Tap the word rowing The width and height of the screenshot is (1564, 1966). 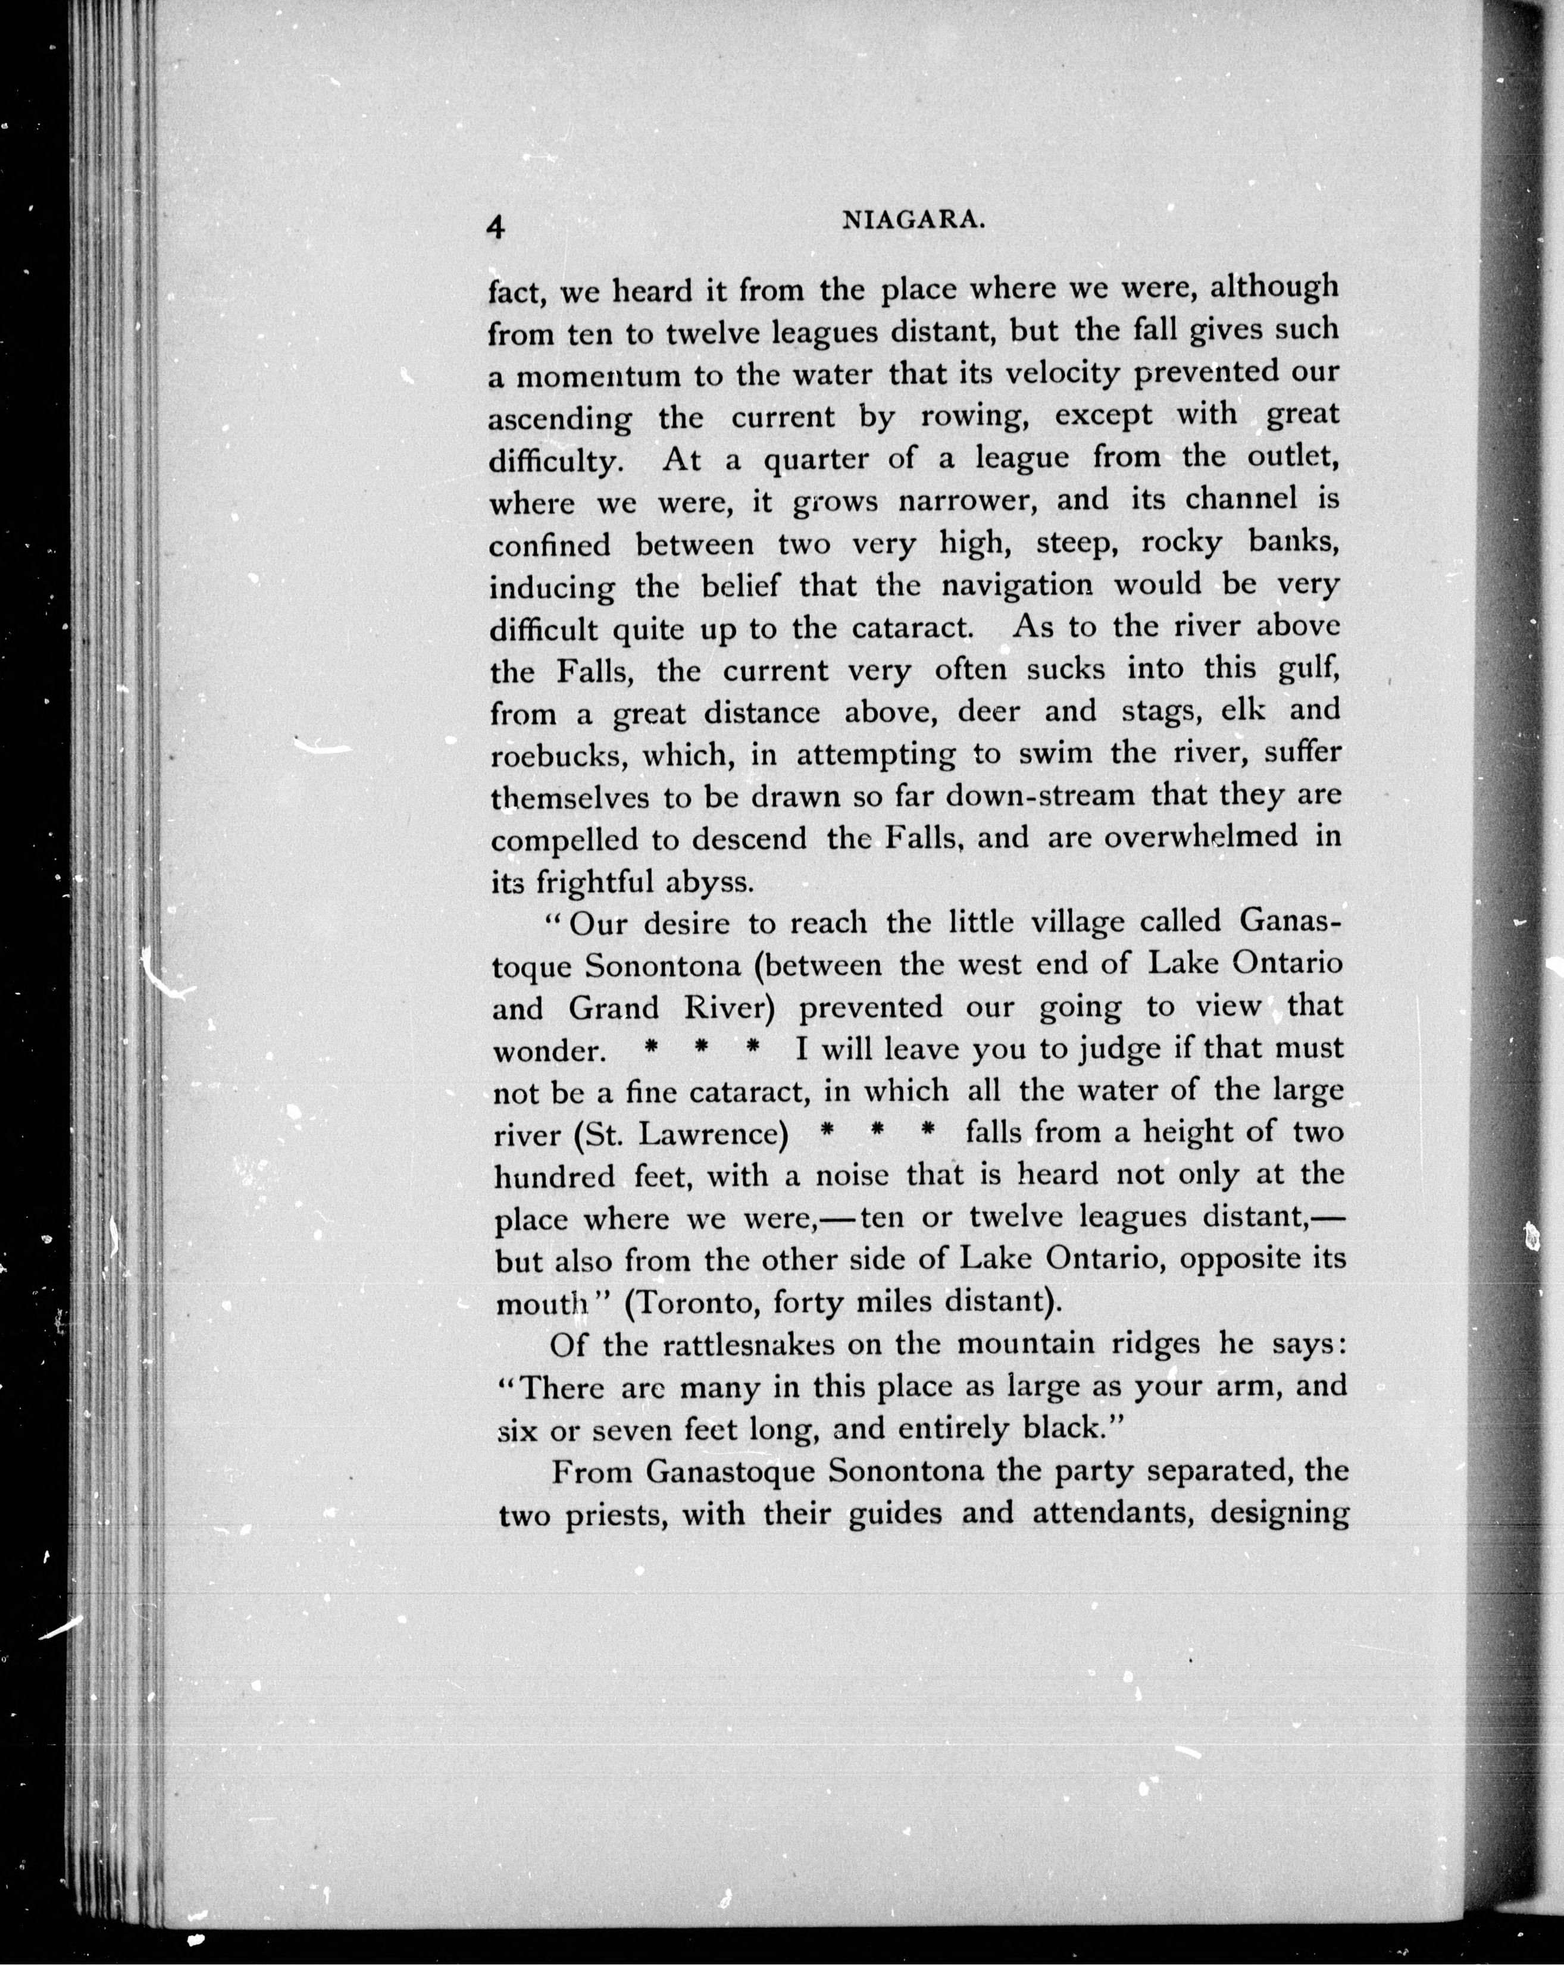coord(976,417)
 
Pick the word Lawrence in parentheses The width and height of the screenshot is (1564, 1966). coord(712,1134)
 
